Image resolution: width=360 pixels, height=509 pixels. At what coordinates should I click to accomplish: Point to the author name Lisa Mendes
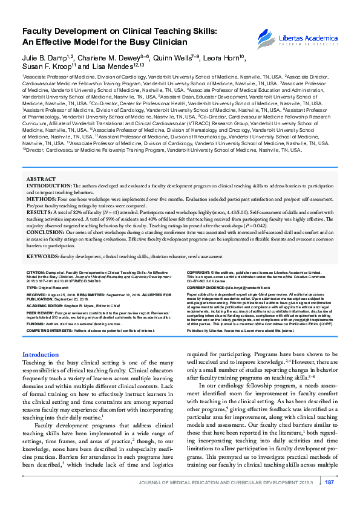coord(113,66)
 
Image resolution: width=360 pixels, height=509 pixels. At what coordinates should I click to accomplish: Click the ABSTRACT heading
coord(41,179)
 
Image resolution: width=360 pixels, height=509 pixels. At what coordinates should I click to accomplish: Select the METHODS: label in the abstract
coord(42,198)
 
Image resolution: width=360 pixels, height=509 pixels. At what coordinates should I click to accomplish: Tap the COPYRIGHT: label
coord(199,273)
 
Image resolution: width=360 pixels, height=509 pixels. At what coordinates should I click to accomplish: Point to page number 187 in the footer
coord(330,499)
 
